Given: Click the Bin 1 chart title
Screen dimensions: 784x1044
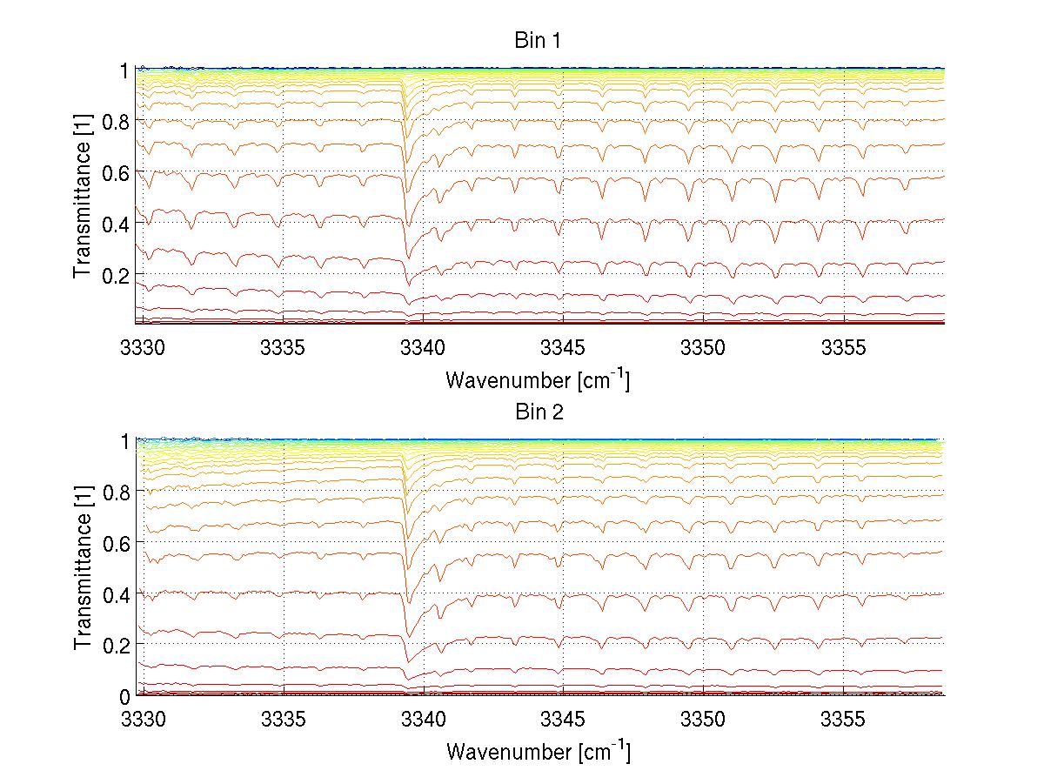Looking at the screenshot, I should click(537, 41).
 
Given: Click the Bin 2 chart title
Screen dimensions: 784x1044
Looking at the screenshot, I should click(537, 412).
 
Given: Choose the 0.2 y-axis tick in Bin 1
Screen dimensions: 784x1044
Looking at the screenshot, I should click(118, 274).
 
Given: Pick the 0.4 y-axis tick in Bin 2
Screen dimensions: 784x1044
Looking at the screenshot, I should click(118, 594).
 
